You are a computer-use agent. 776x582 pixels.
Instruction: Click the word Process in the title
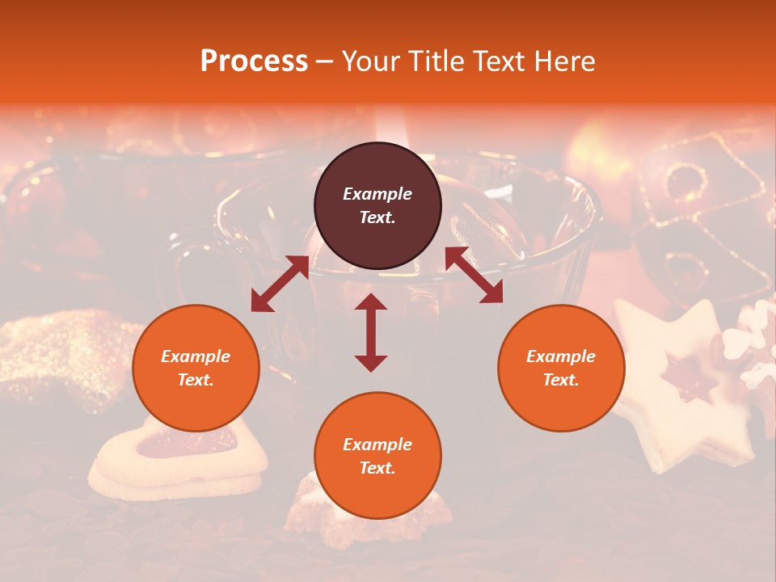[254, 61]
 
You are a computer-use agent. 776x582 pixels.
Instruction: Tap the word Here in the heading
[563, 61]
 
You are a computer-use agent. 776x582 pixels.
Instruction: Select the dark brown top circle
[377, 205]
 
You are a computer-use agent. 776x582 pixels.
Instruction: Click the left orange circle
[196, 368]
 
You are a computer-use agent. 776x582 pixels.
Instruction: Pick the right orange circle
[561, 368]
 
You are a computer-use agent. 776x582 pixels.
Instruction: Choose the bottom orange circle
[377, 456]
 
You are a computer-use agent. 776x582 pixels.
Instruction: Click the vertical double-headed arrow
[371, 332]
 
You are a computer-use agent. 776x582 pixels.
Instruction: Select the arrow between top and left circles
[280, 284]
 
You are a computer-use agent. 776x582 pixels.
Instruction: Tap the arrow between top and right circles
[474, 275]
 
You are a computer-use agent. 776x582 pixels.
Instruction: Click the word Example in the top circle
[377, 194]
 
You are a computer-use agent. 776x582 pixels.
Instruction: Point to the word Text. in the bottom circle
[377, 468]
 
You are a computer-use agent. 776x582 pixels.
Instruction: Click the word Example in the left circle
[196, 356]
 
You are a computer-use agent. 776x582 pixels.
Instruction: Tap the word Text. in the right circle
[561, 380]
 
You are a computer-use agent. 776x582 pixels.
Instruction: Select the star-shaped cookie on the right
[679, 388]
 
